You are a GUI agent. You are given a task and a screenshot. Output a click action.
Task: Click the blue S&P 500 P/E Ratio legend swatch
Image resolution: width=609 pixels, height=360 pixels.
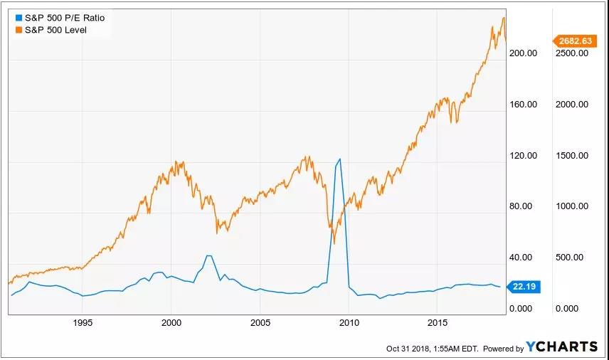click(17, 17)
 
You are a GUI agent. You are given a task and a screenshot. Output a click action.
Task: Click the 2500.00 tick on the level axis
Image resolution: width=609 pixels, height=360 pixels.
click(573, 53)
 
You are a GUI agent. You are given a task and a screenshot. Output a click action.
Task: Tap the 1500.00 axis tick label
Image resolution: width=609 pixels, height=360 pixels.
click(573, 156)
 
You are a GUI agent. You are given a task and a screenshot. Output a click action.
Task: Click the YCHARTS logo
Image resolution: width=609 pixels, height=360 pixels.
click(561, 347)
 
